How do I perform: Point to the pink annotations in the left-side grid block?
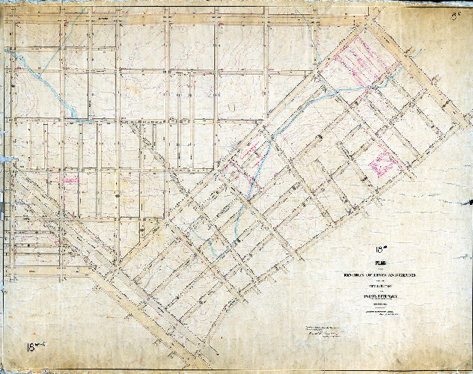pos(71,178)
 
